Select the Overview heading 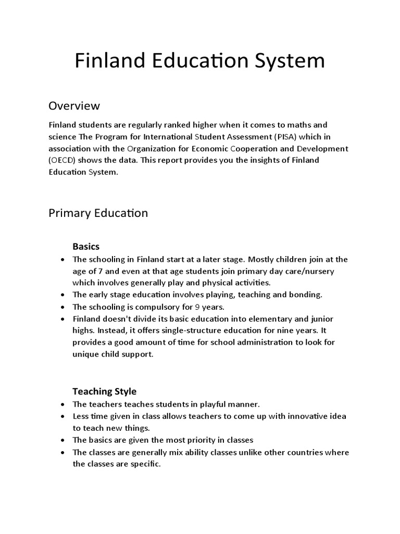[x=74, y=106]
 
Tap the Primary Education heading [x=98, y=213]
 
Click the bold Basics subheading [x=86, y=246]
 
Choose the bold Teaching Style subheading [x=104, y=391]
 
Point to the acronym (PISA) [x=283, y=137]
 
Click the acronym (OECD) [x=63, y=160]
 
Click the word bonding [x=304, y=295]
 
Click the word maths [x=300, y=125]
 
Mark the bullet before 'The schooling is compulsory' [x=63, y=307]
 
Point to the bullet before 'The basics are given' [x=63, y=440]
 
